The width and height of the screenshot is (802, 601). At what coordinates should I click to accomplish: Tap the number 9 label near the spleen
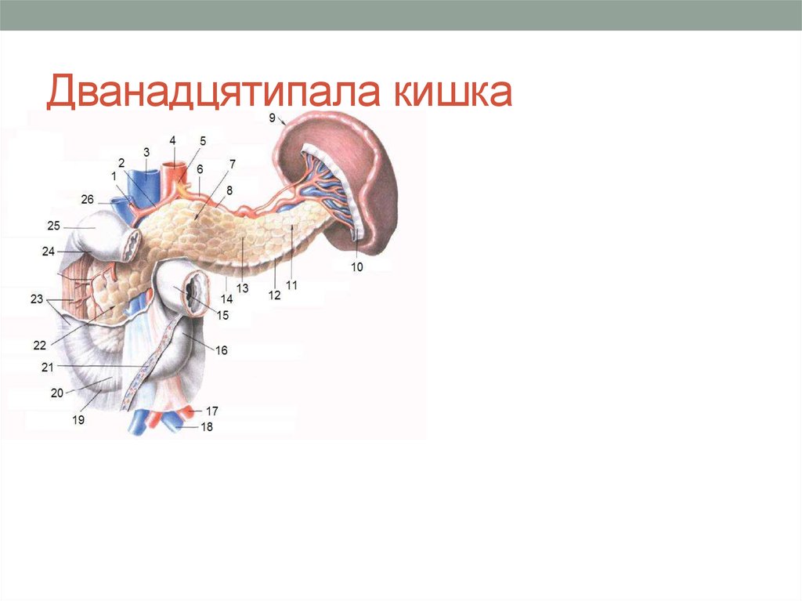point(272,118)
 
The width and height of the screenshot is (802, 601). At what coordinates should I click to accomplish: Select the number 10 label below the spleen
point(356,266)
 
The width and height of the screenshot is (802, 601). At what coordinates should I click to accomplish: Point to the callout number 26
point(87,199)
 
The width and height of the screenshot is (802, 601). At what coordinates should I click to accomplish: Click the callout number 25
point(53,226)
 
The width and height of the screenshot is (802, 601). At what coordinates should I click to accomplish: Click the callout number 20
point(57,394)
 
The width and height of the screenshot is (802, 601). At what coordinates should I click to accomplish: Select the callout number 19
point(78,420)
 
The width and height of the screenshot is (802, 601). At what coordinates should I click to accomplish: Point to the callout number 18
point(207,427)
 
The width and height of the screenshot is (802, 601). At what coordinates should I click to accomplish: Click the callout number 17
point(212,411)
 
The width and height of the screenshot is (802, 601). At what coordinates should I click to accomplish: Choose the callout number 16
point(222,351)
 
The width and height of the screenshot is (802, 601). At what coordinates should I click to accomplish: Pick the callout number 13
point(243,288)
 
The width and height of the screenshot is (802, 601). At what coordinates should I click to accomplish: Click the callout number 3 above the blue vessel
point(146,151)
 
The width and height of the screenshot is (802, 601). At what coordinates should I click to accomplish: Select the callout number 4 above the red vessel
point(172,140)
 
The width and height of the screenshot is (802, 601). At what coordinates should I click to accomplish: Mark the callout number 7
point(232,164)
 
